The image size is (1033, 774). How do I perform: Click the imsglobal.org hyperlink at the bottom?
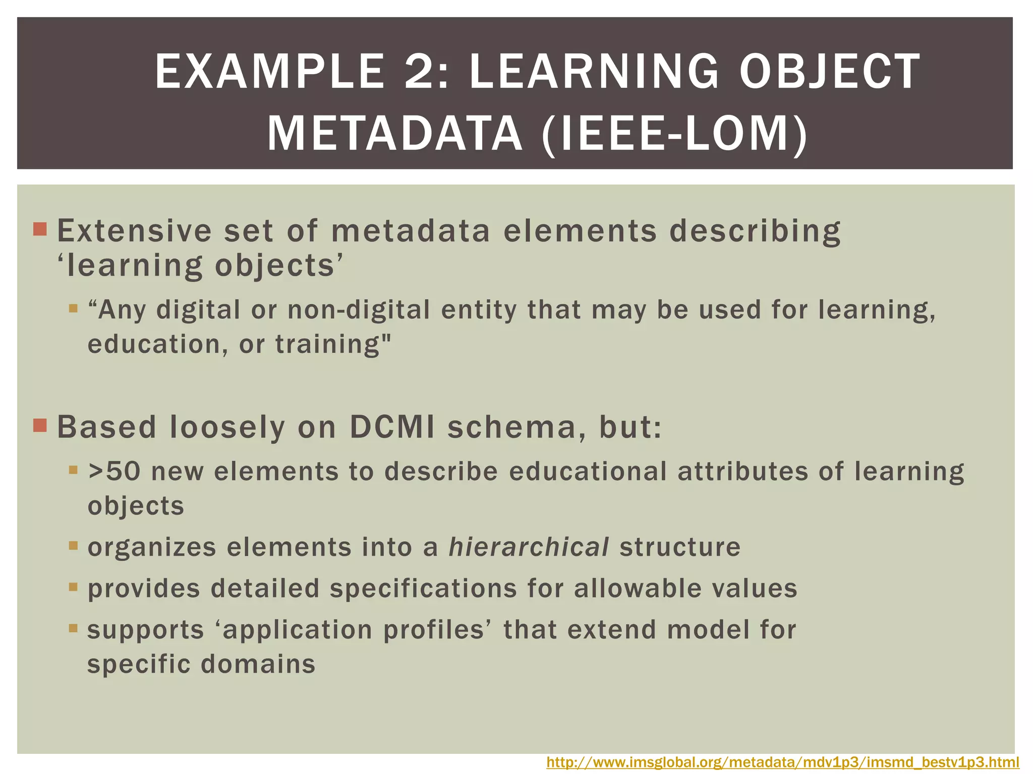point(783,762)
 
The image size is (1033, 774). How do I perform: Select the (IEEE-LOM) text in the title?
point(675,134)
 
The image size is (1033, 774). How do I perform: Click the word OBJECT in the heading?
point(830,72)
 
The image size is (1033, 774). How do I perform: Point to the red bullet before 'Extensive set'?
point(40,230)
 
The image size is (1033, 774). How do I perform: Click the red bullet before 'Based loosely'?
point(40,426)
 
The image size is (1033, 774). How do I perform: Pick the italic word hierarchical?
point(529,547)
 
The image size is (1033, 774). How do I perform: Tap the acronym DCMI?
point(392,427)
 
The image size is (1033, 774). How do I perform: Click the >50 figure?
point(114,472)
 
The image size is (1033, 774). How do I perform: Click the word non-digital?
point(359,309)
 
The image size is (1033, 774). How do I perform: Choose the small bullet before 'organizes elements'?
point(74,546)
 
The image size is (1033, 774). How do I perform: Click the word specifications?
point(424,589)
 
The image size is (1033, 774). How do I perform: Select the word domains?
point(258,664)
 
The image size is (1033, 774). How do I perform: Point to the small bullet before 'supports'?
point(74,628)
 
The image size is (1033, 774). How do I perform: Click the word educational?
point(588,472)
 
